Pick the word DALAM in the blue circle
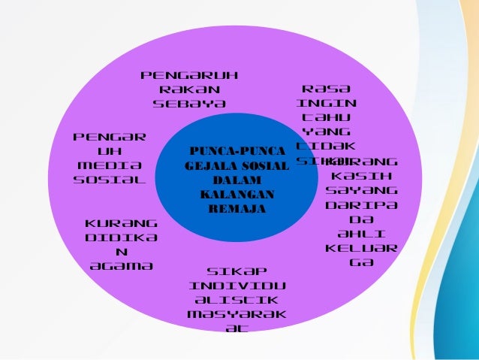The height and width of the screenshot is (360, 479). pos(232,181)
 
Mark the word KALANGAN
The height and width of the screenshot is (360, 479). pos(232,195)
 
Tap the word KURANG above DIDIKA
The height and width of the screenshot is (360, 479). pos(122,223)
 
